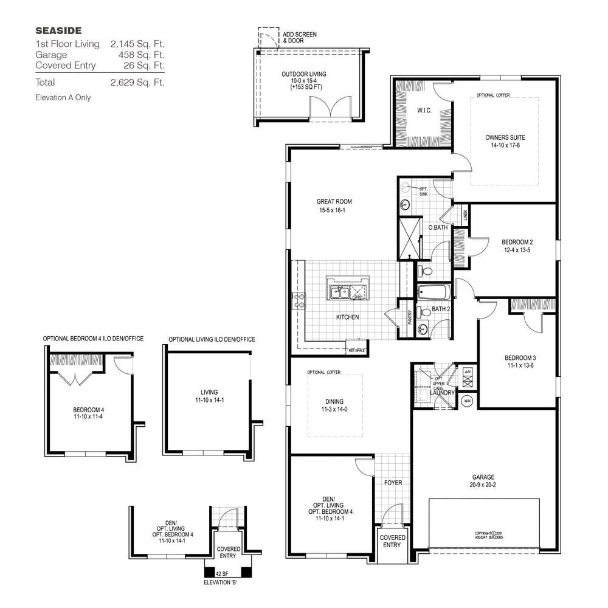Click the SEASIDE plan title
click(58, 30)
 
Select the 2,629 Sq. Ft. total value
click(137, 82)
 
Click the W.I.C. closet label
click(424, 111)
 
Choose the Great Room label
click(334, 202)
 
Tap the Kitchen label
click(347, 317)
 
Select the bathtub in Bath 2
click(434, 292)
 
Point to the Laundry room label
click(442, 393)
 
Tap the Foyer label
click(393, 483)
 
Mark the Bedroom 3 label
click(520, 358)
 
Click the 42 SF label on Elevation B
click(222, 573)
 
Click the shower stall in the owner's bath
click(410, 238)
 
